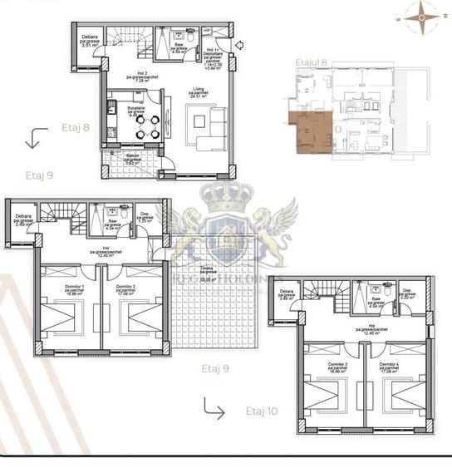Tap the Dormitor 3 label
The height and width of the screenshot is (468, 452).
click(x=337, y=366)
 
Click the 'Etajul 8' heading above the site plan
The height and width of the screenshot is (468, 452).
click(x=312, y=62)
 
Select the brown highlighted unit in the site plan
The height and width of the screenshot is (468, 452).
click(x=309, y=133)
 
